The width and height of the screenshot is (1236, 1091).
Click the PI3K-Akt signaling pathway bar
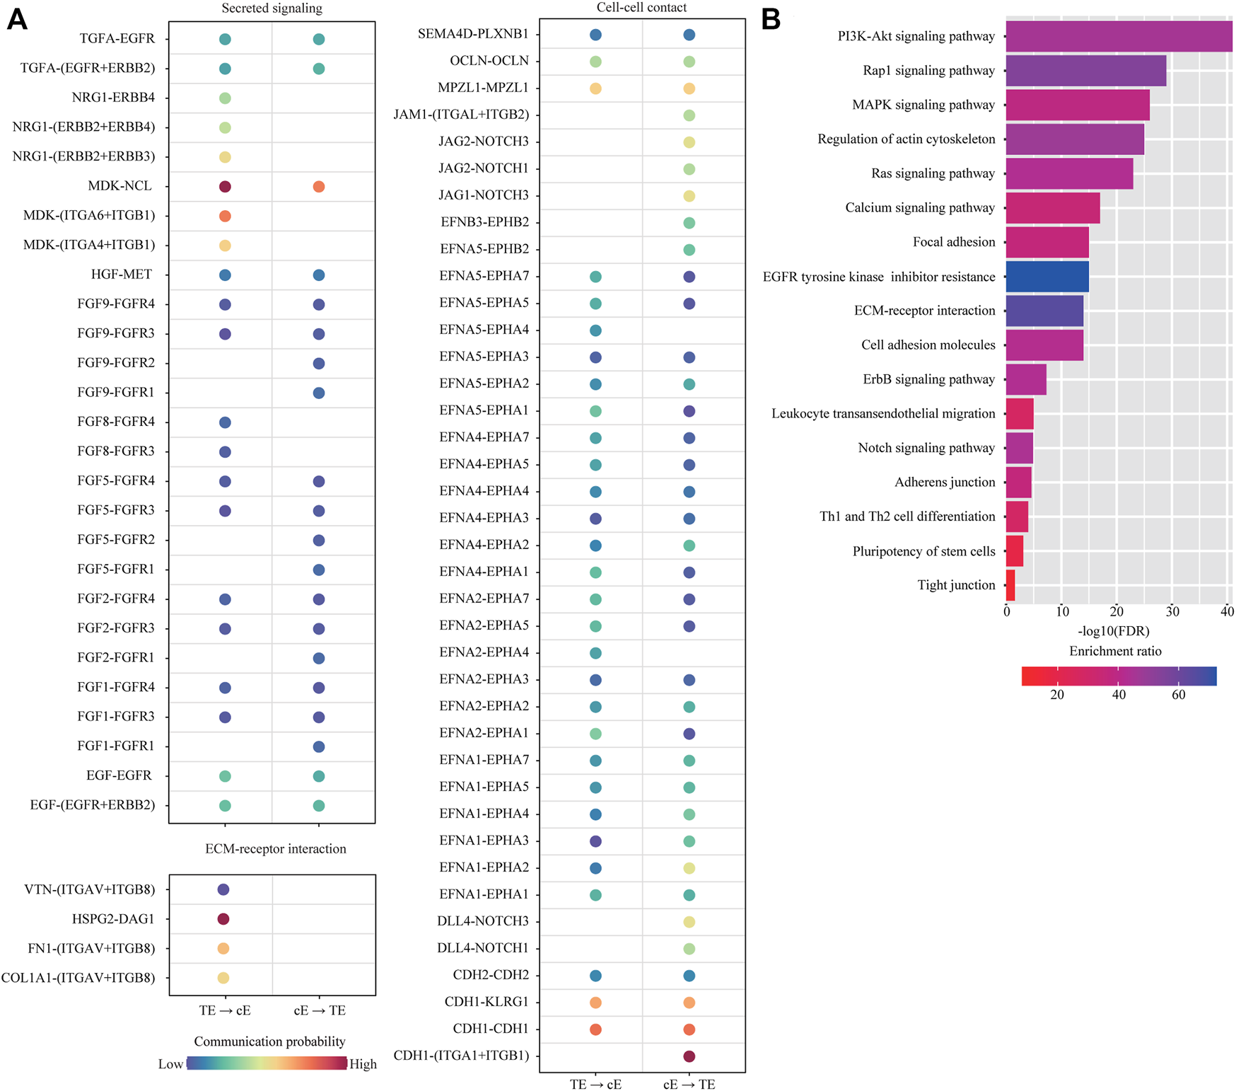coord(1119,36)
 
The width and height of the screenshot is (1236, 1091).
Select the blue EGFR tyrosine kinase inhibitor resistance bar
coord(1047,277)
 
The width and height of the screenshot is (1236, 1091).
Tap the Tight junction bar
coord(1010,585)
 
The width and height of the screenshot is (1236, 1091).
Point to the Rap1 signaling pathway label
coord(928,71)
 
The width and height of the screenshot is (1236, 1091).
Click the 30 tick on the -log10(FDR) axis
coord(1172,612)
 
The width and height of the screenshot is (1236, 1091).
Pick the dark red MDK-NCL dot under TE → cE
coord(225,187)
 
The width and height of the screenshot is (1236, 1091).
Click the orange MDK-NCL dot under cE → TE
coord(319,187)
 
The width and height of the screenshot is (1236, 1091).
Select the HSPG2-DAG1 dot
coord(223,919)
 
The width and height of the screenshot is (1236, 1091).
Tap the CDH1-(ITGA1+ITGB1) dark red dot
coord(689,1056)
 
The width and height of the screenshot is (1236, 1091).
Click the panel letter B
coord(771,20)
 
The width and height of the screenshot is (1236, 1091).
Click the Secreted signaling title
coord(272,8)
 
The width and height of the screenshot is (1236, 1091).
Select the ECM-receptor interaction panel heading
coord(276,849)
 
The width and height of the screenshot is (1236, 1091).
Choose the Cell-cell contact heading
coord(641,8)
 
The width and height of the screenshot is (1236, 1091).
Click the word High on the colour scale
coord(363,1064)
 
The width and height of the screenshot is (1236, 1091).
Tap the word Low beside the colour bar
coord(170,1064)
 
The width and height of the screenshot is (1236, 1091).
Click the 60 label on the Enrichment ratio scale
coord(1179,695)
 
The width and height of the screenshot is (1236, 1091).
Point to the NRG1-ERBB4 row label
coord(113,98)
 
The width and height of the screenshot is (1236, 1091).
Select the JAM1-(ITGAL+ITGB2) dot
coord(689,115)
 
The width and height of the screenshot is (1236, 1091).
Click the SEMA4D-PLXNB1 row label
coord(473,34)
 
